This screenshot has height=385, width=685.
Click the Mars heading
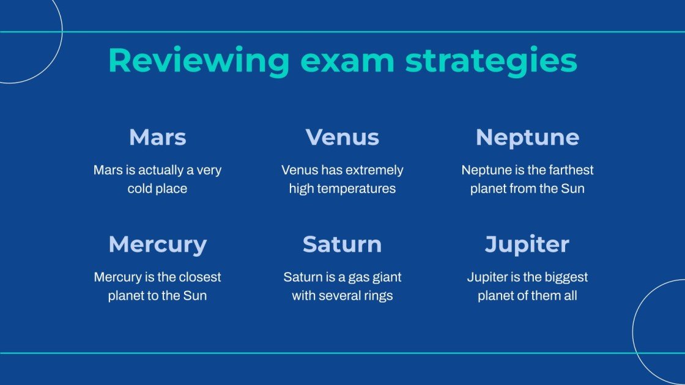tap(157, 137)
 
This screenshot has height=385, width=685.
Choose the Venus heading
tap(342, 137)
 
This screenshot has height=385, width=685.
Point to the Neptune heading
tap(527, 137)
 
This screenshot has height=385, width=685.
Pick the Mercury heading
tap(157, 244)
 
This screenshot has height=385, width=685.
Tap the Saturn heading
tap(342, 244)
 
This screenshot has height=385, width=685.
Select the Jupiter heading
tap(527, 244)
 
